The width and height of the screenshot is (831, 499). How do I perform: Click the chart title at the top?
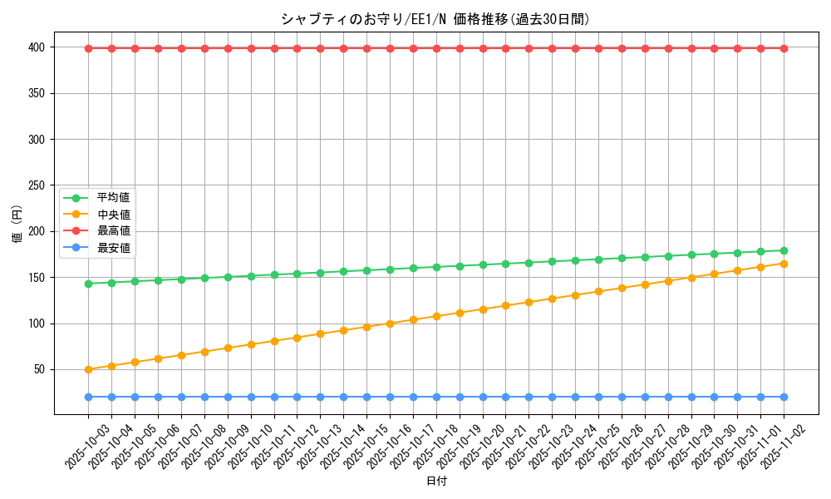click(x=435, y=19)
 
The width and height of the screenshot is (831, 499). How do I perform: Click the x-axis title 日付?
click(x=436, y=482)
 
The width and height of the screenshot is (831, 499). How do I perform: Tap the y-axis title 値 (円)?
click(x=17, y=224)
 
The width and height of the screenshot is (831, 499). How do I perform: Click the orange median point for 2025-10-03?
click(x=88, y=369)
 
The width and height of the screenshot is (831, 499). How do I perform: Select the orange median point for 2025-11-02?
click(x=784, y=264)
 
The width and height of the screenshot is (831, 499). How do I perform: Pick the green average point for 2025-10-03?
click(x=88, y=284)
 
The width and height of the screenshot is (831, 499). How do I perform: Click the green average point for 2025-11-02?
click(x=784, y=250)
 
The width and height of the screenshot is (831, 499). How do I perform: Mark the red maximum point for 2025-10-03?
click(x=88, y=48)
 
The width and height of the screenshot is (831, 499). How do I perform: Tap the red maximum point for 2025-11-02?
click(x=784, y=48)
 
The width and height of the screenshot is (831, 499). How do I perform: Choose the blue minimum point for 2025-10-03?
click(x=88, y=397)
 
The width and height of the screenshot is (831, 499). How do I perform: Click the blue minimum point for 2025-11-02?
click(x=784, y=397)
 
